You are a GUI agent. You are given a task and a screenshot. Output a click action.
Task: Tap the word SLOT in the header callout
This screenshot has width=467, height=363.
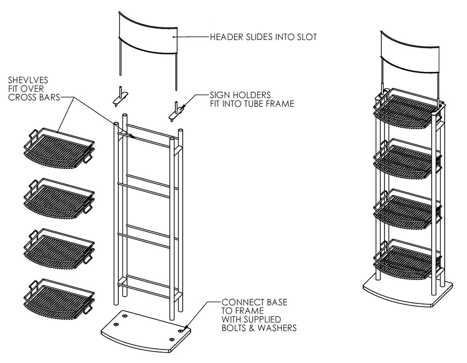305,37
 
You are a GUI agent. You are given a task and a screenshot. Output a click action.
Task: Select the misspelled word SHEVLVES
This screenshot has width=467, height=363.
28,80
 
